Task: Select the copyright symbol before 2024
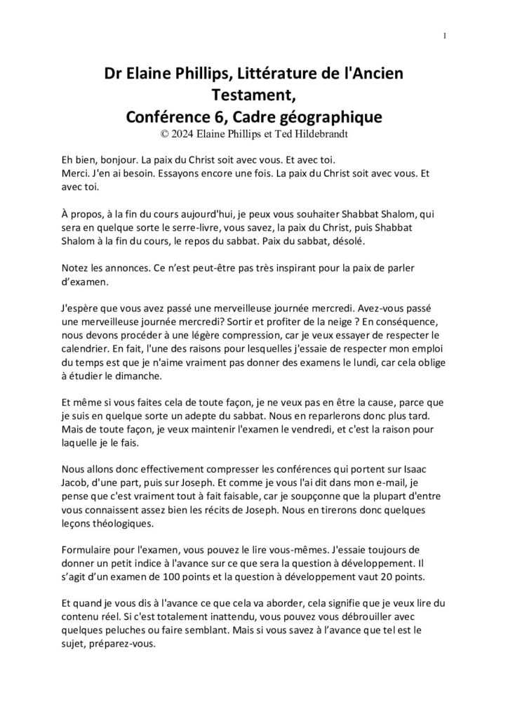[166, 130]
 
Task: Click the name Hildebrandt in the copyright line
[310, 130]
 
